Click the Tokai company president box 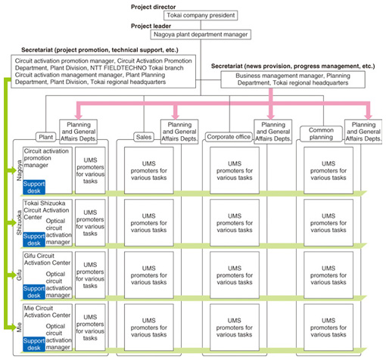201,15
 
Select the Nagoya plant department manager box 201,35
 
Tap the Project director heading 153,7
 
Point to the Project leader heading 151,26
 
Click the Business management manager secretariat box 293,79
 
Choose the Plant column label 45,137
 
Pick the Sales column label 144,137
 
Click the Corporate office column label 229,137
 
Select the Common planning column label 321,134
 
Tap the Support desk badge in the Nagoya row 34,188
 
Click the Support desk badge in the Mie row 34,344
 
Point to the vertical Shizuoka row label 19,223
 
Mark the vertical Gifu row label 19,275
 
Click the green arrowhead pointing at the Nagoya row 13,170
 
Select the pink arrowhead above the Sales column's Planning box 176,116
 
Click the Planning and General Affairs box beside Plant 78,132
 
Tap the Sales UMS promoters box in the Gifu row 149,275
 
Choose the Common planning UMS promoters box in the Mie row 328,327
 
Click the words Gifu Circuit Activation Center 47,259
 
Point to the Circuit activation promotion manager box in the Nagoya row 48,170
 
